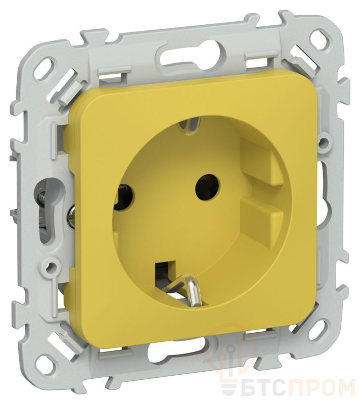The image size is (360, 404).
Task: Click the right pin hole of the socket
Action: [207, 187]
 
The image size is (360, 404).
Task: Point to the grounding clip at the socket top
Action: [190, 125]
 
